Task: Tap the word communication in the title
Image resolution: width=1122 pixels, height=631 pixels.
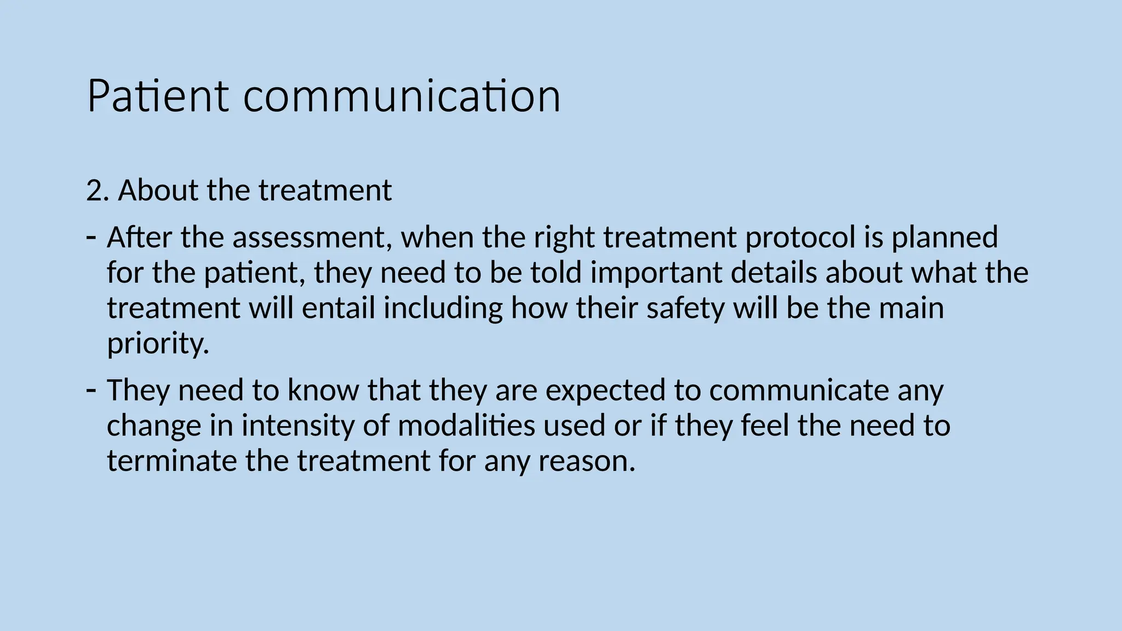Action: pos(402,96)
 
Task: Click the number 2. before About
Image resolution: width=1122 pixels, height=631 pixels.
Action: pos(98,191)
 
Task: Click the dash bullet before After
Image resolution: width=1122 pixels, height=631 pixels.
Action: pos(91,237)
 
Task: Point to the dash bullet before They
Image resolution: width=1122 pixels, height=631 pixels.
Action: pos(91,390)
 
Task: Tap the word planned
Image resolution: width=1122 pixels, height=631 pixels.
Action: pos(944,238)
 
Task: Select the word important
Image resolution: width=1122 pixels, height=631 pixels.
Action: pos(656,273)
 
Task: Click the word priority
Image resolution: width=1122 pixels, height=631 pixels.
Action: pos(158,344)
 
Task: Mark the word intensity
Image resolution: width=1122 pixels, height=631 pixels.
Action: pos(298,426)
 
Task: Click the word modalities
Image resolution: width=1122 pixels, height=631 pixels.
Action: pos(466,426)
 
